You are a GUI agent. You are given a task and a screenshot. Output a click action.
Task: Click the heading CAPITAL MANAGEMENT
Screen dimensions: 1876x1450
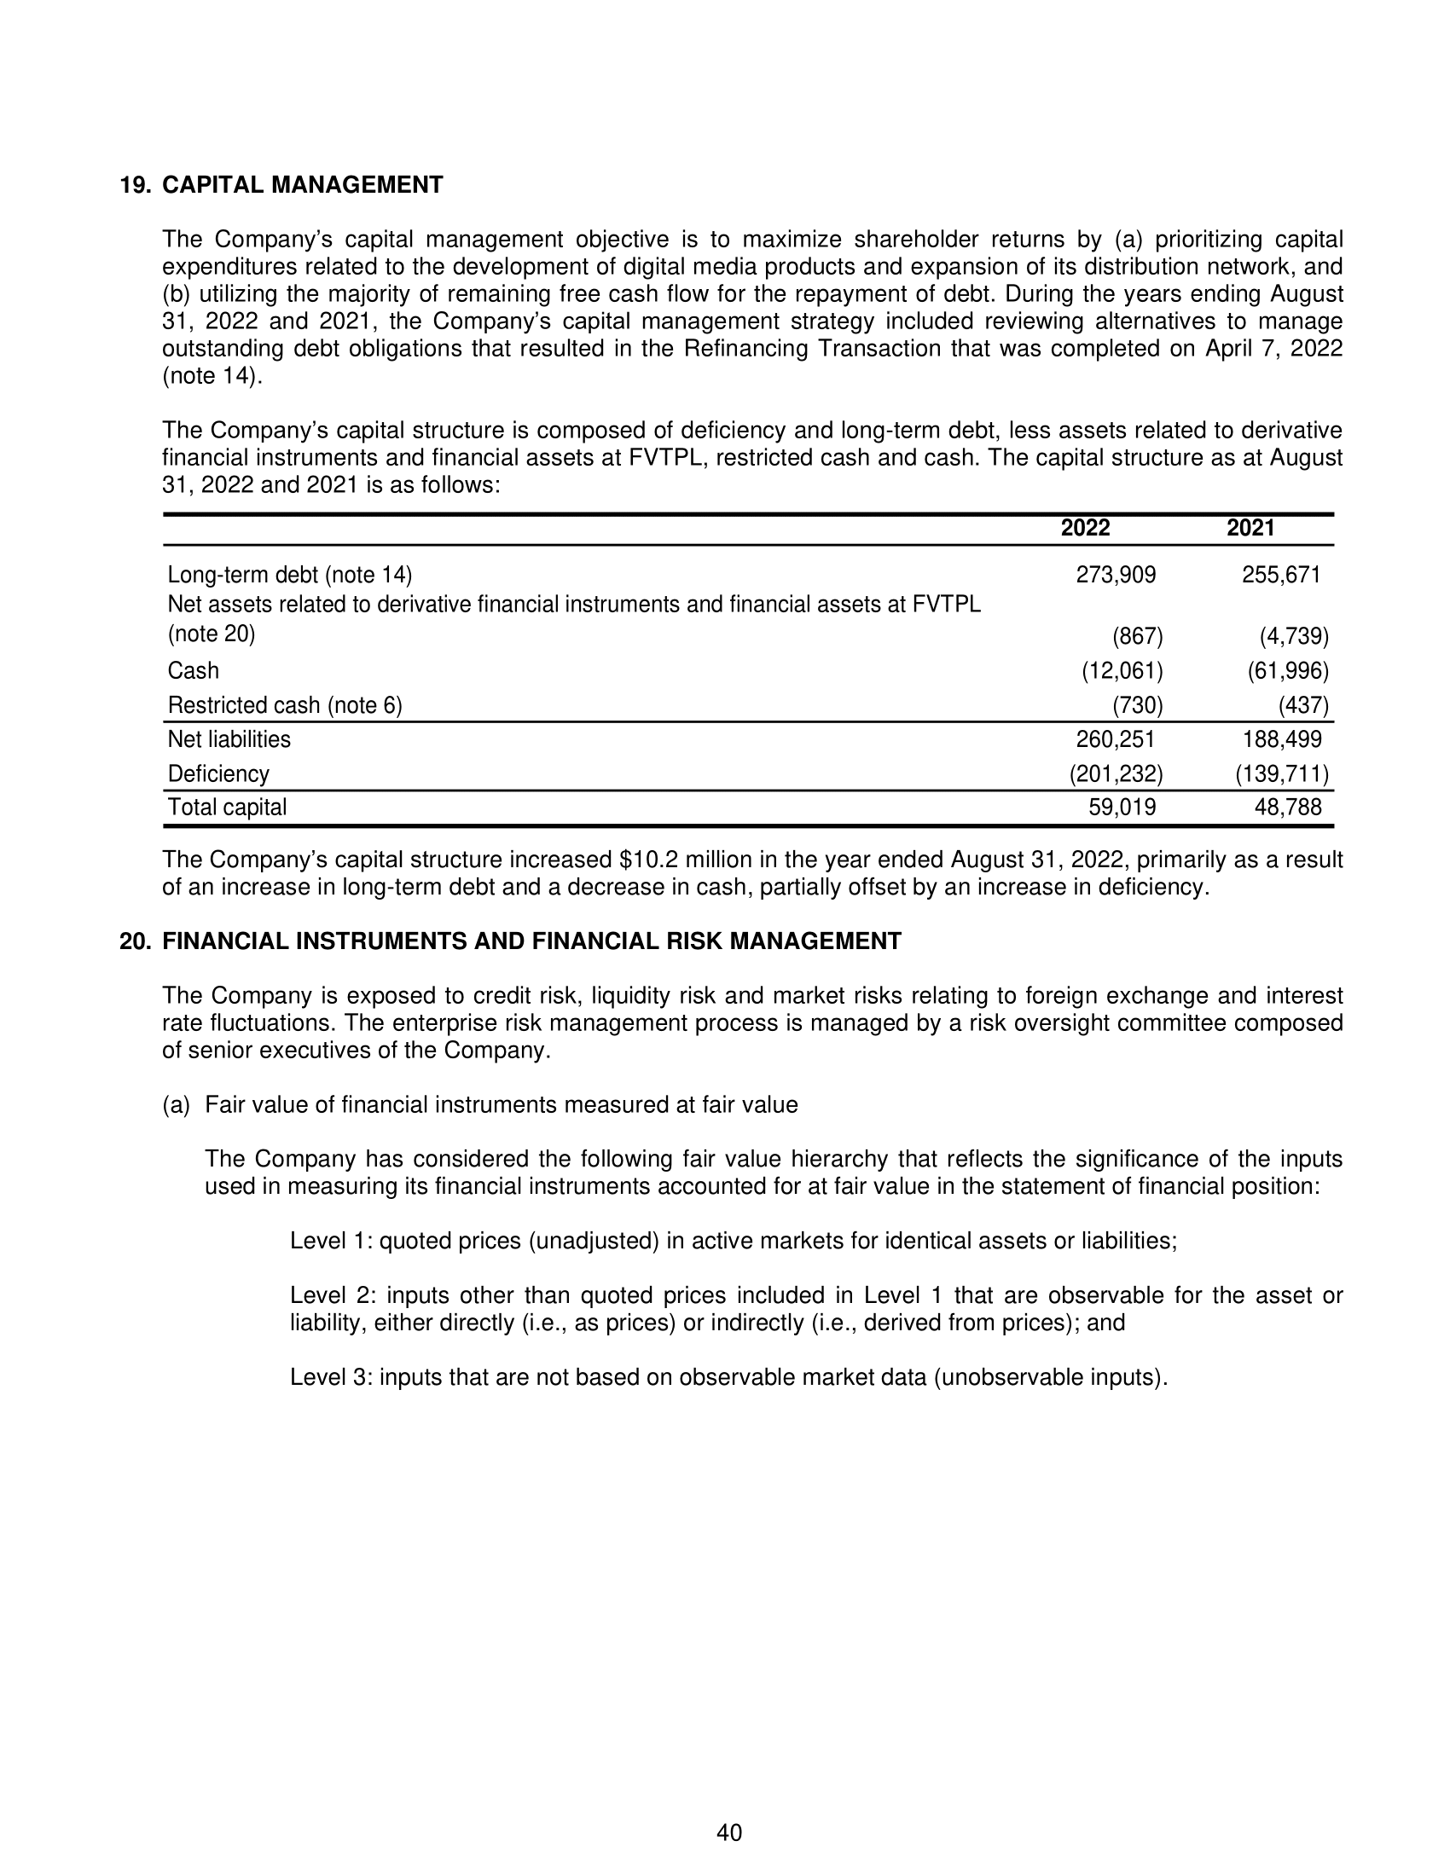pyautogui.click(x=303, y=185)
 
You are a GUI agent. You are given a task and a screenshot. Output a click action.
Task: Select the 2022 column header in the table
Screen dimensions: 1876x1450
pyautogui.click(x=1085, y=527)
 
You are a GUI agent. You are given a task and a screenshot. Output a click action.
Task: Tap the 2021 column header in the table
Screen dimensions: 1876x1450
pyautogui.click(x=1250, y=527)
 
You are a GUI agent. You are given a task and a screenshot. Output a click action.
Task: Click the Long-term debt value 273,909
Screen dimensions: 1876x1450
pyautogui.click(x=1116, y=575)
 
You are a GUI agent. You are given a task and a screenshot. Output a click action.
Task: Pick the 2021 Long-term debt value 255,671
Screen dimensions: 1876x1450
pyautogui.click(x=1281, y=575)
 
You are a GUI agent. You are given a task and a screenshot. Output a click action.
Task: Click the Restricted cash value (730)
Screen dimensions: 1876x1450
pyautogui.click(x=1137, y=706)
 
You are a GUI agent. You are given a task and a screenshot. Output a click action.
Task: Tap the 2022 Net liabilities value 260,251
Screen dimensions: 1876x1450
pyautogui.click(x=1116, y=739)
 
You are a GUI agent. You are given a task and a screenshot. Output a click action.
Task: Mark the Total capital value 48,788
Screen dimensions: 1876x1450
pyautogui.click(x=1288, y=808)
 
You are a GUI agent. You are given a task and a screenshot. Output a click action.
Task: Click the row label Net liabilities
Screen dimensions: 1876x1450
pyautogui.click(x=229, y=739)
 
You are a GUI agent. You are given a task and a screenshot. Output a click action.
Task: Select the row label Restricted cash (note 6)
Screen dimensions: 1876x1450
pyautogui.click(x=284, y=706)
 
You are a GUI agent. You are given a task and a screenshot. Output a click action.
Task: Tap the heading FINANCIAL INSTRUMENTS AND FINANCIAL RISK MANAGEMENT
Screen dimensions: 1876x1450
pyautogui.click(x=531, y=941)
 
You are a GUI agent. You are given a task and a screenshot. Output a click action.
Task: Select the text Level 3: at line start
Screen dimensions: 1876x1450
pyautogui.click(x=331, y=1378)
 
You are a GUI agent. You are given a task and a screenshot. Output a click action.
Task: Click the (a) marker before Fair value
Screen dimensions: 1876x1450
pyautogui.click(x=175, y=1104)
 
